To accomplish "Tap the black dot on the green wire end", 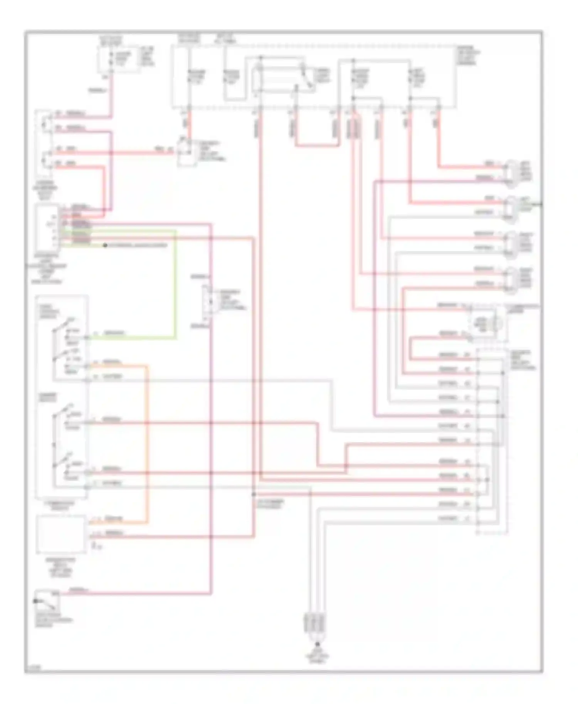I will coord(105,245).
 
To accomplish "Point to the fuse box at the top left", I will coord(119,60).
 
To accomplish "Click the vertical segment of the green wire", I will coord(176,285).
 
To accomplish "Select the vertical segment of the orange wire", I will coord(147,443).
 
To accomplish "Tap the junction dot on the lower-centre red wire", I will coord(254,494).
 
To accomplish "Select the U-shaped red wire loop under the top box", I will coord(317,146).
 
